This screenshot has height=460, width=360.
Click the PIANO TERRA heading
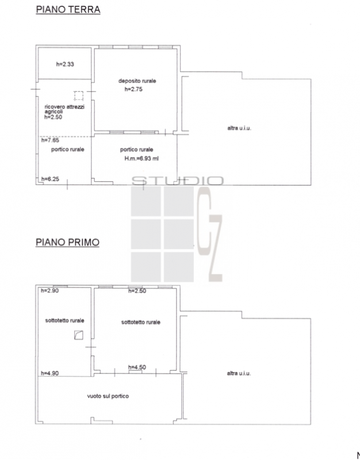68,9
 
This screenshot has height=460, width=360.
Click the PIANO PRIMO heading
67,242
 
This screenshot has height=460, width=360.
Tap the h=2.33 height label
65,64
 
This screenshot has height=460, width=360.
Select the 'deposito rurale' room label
137,80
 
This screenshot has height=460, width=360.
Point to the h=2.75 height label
133,89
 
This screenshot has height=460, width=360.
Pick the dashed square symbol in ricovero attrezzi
79,96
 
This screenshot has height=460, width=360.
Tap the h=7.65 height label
50,140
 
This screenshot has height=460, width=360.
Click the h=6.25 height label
50,179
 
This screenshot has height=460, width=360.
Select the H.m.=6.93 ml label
141,159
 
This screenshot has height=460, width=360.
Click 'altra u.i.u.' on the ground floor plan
239,128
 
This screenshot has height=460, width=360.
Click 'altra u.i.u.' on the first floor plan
239,373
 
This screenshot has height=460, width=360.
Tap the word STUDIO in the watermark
177,181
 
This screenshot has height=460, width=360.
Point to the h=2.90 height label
49,291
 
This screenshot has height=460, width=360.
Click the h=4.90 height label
49,373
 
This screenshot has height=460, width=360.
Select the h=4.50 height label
137,367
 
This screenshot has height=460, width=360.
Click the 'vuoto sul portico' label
108,396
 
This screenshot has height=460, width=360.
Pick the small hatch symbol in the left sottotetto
79,335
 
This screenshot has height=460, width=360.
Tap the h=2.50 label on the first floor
137,291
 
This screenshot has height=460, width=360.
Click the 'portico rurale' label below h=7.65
67,149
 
